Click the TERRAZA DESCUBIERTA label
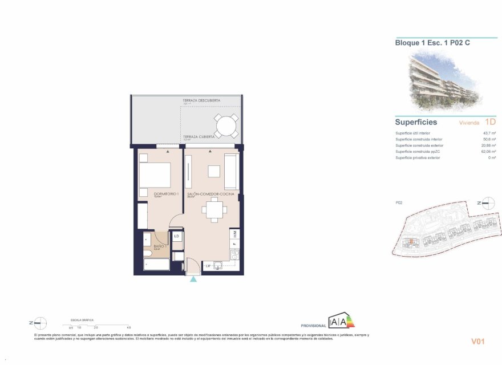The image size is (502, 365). tap(201, 100)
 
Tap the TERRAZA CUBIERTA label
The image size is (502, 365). tap(199, 137)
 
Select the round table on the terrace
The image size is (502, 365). tap(226, 125)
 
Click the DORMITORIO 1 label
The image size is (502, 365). tap(167, 194)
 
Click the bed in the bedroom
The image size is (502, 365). tap(155, 175)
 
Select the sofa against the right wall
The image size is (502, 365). tap(232, 172)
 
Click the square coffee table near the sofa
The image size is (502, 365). tap(214, 172)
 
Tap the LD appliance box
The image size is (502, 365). tap(177, 236)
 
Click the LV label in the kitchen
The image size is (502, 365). tap(209, 266)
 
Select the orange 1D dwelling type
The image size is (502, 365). tap(490, 121)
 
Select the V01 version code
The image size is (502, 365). tap(477, 342)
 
